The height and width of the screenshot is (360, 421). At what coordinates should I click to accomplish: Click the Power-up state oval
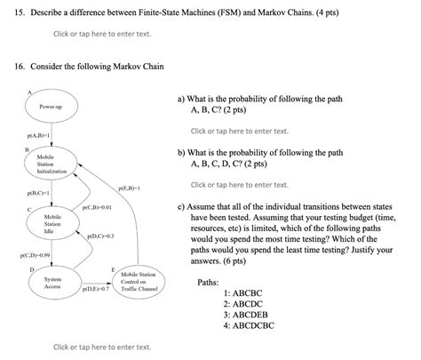[52, 107]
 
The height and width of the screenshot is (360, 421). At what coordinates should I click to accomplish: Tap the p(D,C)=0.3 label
[100, 236]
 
